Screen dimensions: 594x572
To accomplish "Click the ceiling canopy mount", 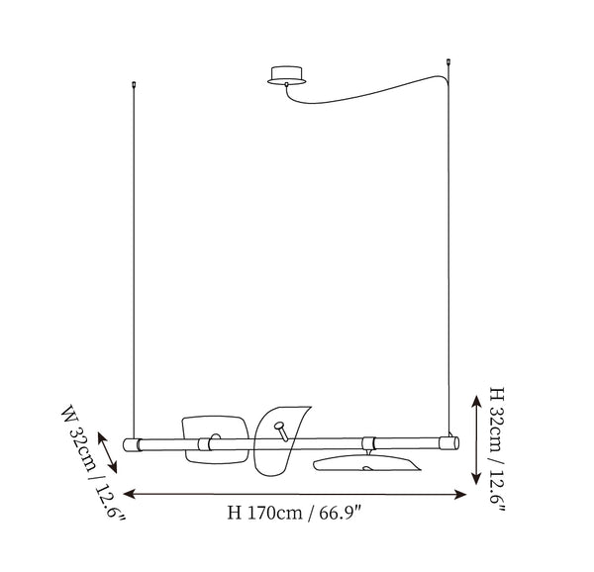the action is click(286, 75).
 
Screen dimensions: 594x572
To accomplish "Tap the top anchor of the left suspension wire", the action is click(134, 84).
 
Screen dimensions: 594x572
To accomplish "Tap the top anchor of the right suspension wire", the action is click(448, 61).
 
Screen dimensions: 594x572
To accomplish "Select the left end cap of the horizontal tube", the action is click(132, 444).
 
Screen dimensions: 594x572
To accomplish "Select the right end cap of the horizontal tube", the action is click(449, 443).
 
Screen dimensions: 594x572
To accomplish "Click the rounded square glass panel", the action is click(215, 439).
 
